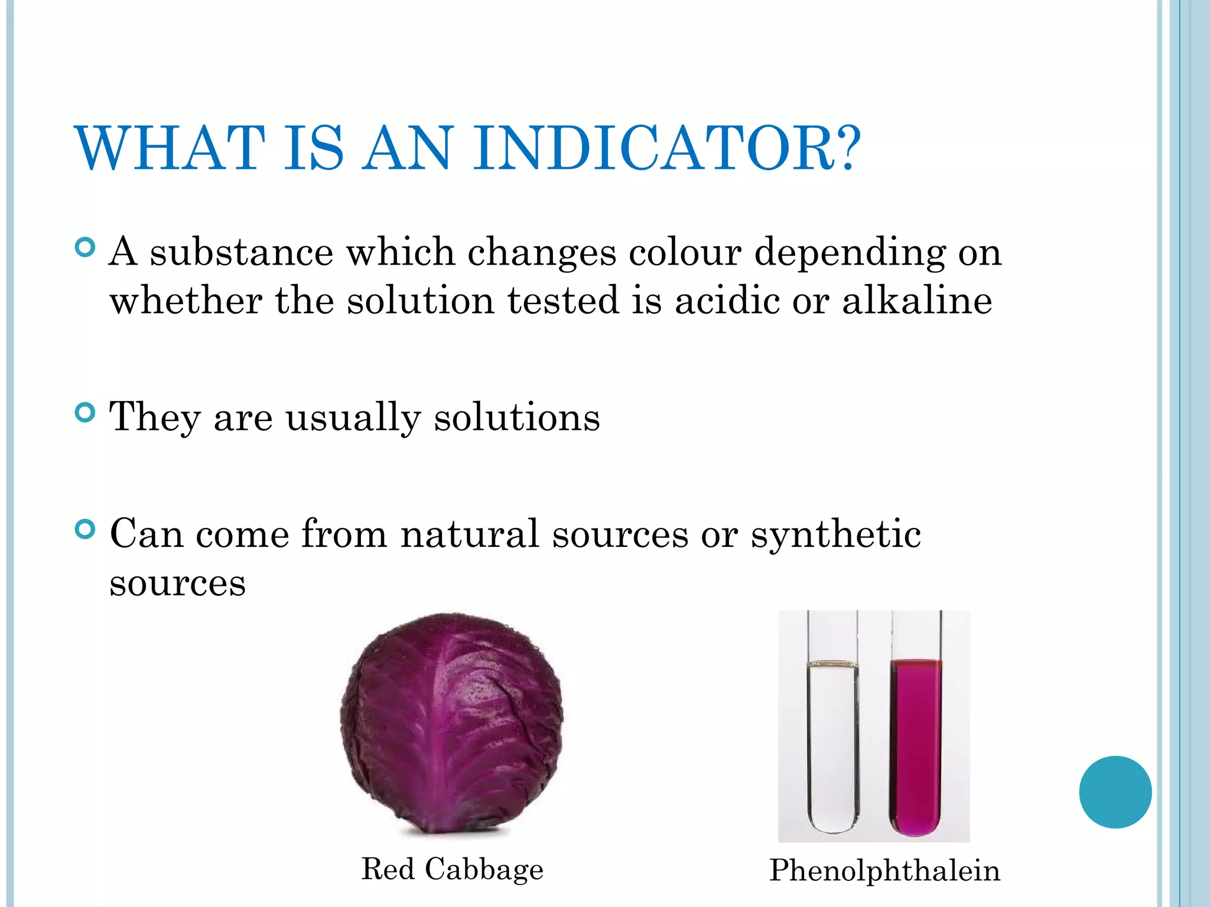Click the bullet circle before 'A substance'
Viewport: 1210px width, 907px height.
point(86,247)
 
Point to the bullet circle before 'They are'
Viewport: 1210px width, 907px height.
point(86,412)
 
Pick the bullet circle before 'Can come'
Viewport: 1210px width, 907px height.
point(86,529)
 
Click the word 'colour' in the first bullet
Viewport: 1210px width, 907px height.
point(685,252)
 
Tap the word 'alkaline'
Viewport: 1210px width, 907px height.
point(917,301)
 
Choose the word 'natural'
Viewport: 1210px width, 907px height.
point(470,534)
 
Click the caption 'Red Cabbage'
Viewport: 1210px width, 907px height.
point(452,869)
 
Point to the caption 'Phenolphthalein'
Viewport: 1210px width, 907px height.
point(884,870)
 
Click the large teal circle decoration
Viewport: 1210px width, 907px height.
point(1115,792)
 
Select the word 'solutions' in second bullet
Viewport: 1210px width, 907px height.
point(517,417)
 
